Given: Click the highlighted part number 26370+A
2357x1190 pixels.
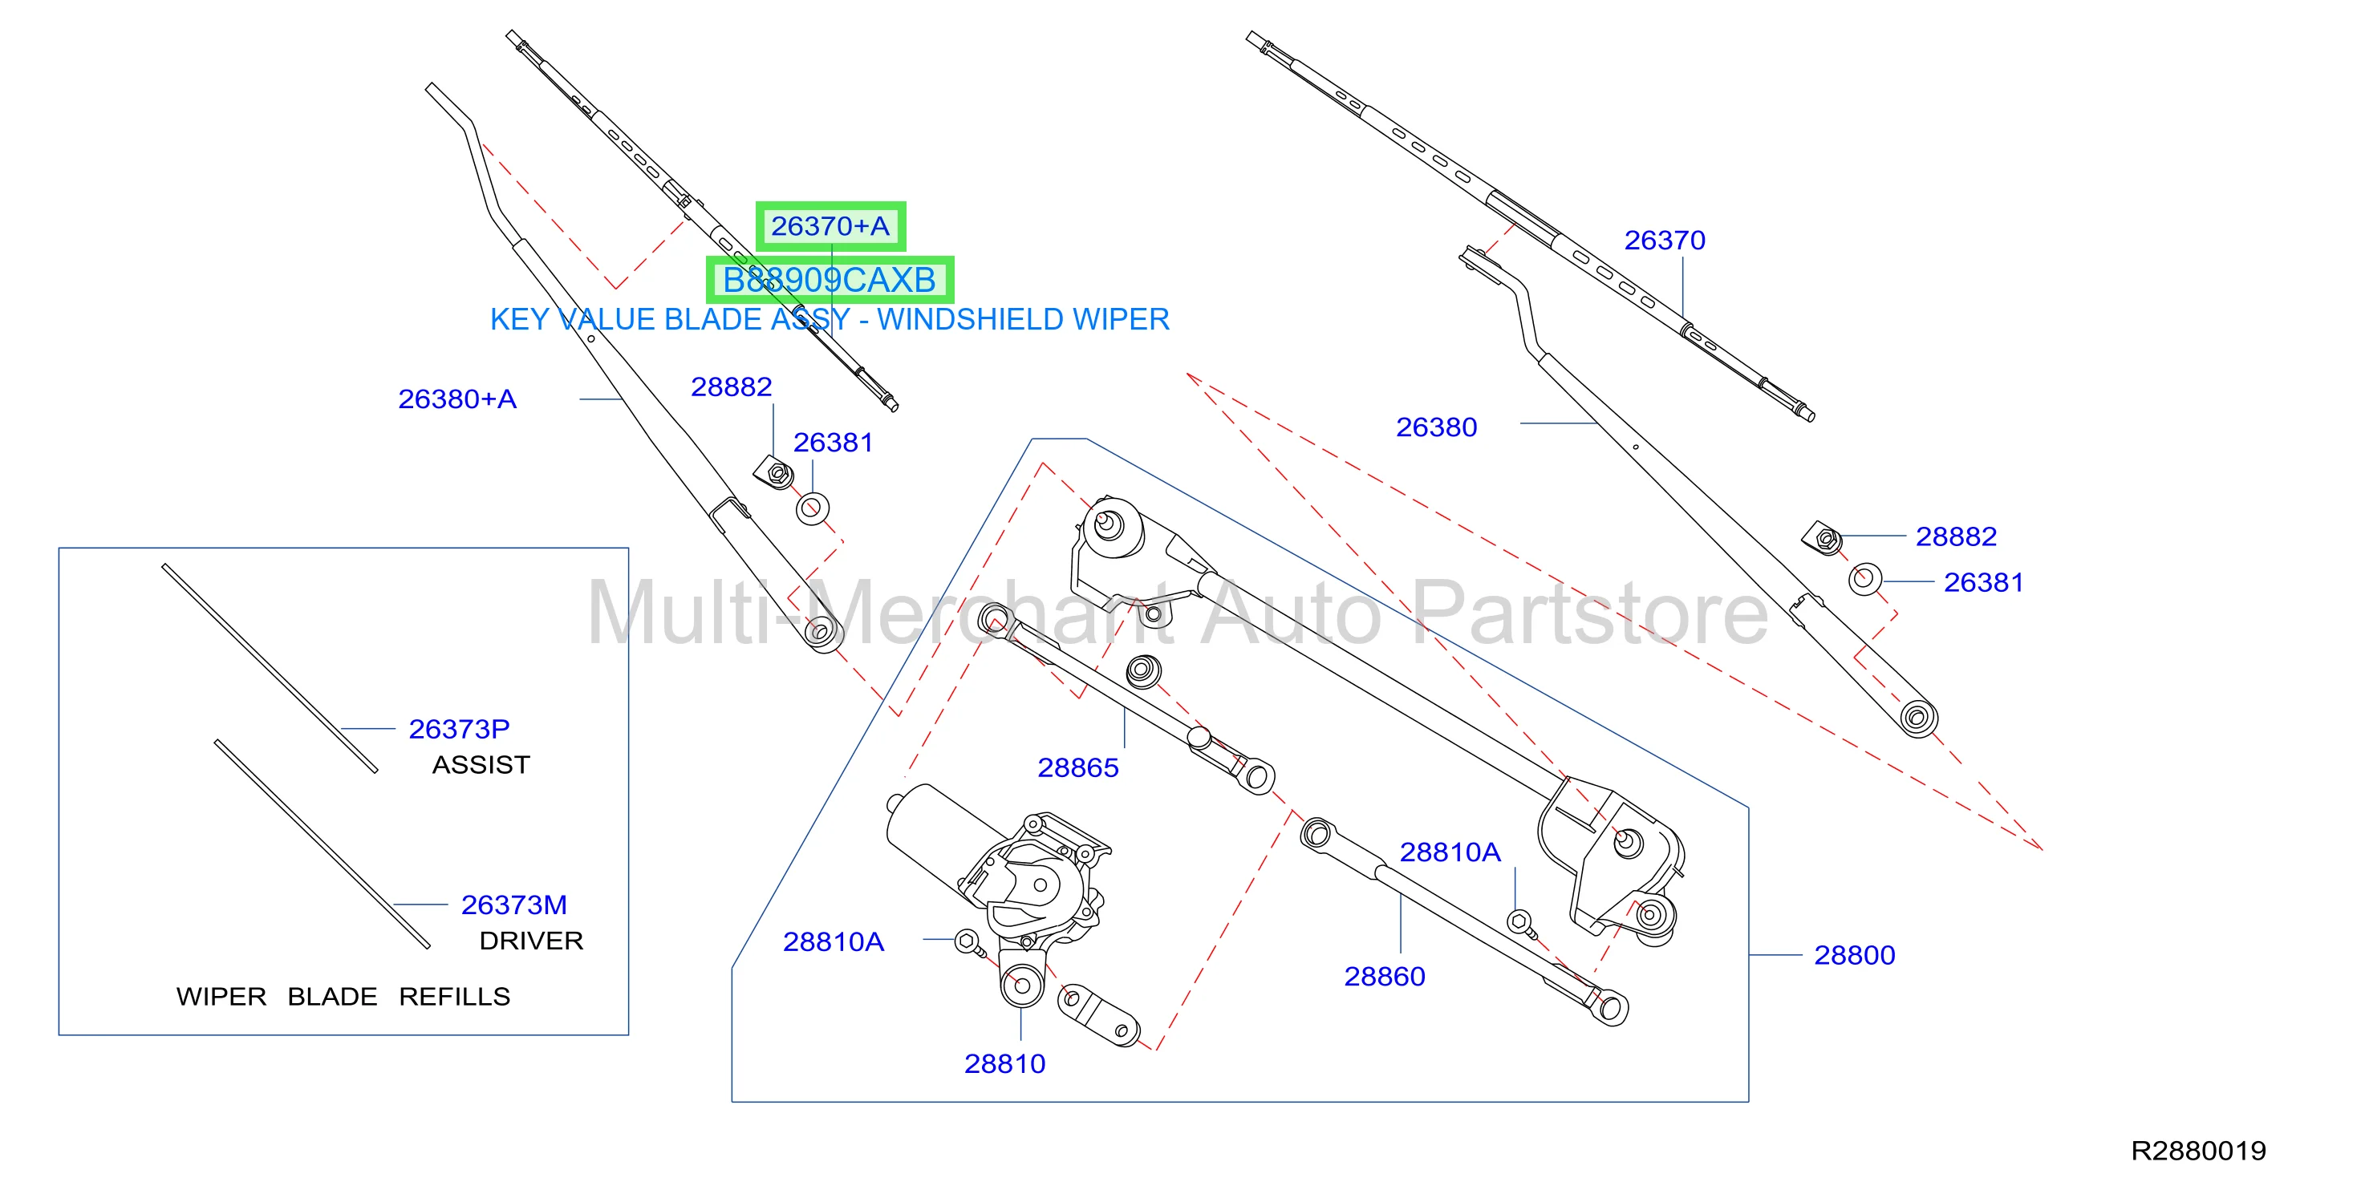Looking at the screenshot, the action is (x=830, y=226).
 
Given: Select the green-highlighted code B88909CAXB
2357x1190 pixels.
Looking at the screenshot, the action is (x=829, y=280).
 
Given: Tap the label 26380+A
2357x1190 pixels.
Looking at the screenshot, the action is (x=457, y=399).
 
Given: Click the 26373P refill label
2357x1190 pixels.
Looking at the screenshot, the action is (x=460, y=729).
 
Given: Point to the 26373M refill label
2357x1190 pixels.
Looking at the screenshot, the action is (x=514, y=905).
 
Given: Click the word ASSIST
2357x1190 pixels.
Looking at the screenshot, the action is (x=481, y=765).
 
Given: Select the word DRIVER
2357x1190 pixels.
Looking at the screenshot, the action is (x=532, y=941).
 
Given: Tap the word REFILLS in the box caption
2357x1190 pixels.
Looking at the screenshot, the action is (x=455, y=996).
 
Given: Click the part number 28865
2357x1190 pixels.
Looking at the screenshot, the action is (x=1078, y=767).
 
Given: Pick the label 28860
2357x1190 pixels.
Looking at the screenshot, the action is (x=1385, y=976).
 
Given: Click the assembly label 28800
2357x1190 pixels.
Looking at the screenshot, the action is (x=1855, y=955).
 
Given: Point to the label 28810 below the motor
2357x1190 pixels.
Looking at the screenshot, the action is (x=1004, y=1064).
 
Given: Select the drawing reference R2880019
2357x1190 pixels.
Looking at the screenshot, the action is (x=2199, y=1151).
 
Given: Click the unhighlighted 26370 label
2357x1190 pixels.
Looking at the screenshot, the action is (x=1665, y=240).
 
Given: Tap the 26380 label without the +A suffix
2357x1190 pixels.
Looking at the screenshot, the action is (x=1437, y=427).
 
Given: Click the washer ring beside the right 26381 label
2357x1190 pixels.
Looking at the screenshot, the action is (x=1864, y=579).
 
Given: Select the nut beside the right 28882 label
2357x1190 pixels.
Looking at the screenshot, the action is (x=1824, y=538).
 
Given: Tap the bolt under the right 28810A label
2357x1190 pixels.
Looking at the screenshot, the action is (x=1522, y=923).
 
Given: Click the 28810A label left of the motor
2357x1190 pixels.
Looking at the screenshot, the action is (x=834, y=941).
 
